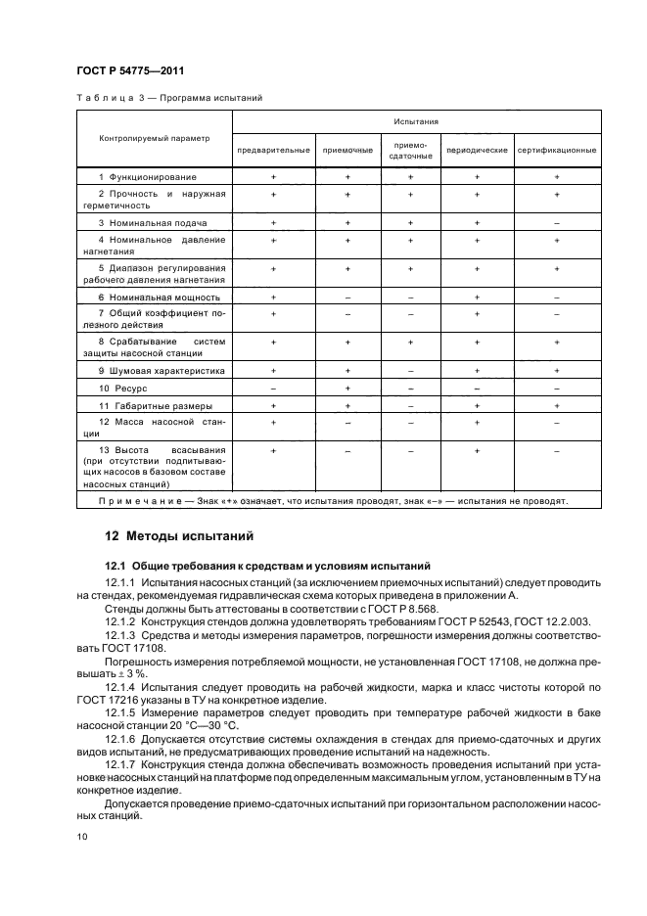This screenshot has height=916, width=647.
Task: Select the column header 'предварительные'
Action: point(273,151)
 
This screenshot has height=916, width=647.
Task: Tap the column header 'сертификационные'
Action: point(556,151)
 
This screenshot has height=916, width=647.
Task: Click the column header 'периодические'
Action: point(477,151)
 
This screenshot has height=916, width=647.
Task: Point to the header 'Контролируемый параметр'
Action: point(155,138)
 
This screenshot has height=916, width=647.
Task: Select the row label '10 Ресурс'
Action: point(123,389)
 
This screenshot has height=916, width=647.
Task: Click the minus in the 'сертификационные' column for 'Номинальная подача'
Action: point(556,223)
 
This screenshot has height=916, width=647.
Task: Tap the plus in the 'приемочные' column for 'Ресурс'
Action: point(347,389)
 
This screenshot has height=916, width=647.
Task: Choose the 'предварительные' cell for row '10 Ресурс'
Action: point(273,389)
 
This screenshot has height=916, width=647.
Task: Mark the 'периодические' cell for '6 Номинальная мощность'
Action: point(477,297)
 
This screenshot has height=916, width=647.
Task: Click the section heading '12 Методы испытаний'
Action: point(178,536)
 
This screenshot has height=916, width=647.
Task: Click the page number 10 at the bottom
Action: point(80,838)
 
